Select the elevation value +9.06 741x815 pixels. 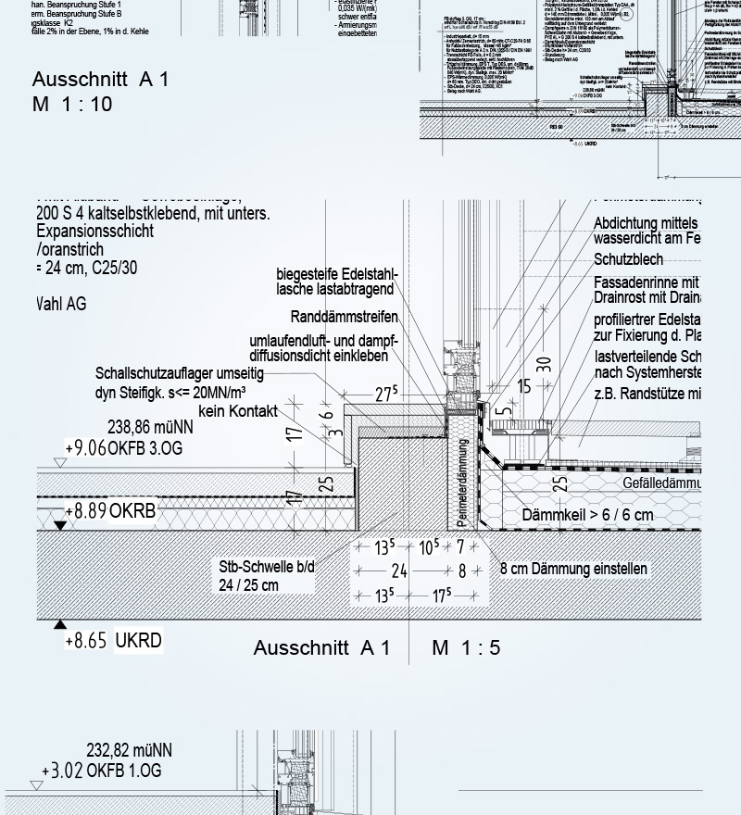click(86, 448)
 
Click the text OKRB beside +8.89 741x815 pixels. click(132, 510)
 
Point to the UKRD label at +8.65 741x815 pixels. click(138, 641)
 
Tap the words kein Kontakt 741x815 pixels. click(238, 410)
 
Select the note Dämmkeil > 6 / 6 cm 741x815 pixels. click(587, 515)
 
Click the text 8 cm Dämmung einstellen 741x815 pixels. click(573, 569)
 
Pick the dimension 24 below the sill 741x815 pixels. click(399, 571)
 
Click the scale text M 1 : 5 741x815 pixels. click(466, 647)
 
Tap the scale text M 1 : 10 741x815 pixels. click(72, 104)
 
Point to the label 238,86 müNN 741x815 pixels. click(150, 428)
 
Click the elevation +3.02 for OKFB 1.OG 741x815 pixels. click(62, 771)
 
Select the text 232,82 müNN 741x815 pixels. click(129, 750)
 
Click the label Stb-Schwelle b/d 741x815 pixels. click(267, 567)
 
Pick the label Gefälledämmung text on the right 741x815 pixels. click(661, 483)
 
